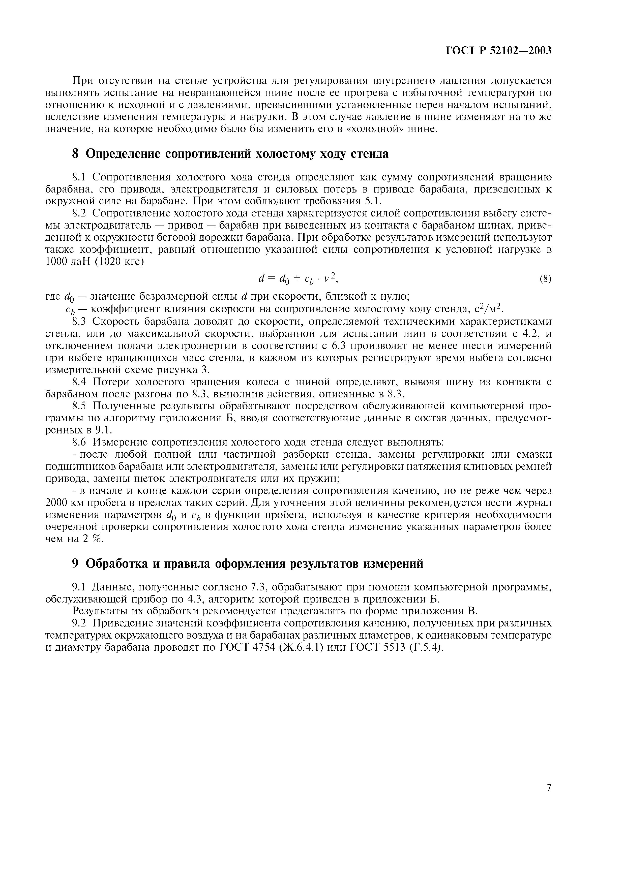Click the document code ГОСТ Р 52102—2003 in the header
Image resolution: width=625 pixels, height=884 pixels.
point(499,50)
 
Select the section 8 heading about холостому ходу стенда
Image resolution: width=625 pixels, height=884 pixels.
point(230,154)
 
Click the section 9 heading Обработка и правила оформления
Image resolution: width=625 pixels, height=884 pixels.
point(248,564)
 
